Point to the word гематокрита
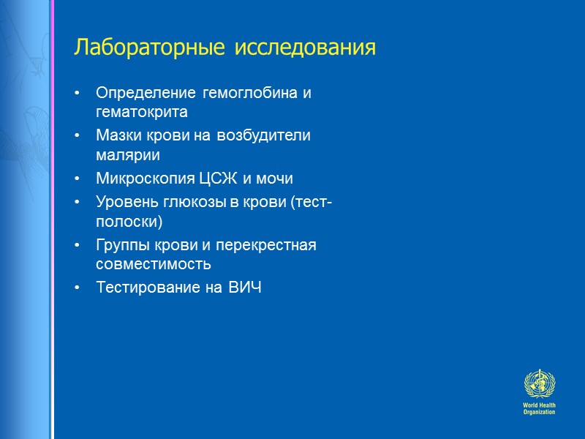click(x=142, y=113)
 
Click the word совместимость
click(x=153, y=263)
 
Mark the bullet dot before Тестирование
click(x=78, y=288)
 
